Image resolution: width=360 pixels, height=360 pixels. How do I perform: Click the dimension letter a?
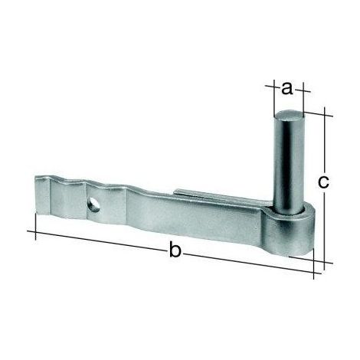click(287, 89)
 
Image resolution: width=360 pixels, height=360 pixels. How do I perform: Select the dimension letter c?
click(323, 182)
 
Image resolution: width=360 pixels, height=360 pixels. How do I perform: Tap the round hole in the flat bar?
click(94, 205)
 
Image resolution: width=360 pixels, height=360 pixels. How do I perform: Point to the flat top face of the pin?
click(289, 116)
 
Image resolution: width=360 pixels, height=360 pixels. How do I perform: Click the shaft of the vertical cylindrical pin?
click(289, 163)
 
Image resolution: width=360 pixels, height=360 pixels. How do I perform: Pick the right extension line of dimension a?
click(303, 97)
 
